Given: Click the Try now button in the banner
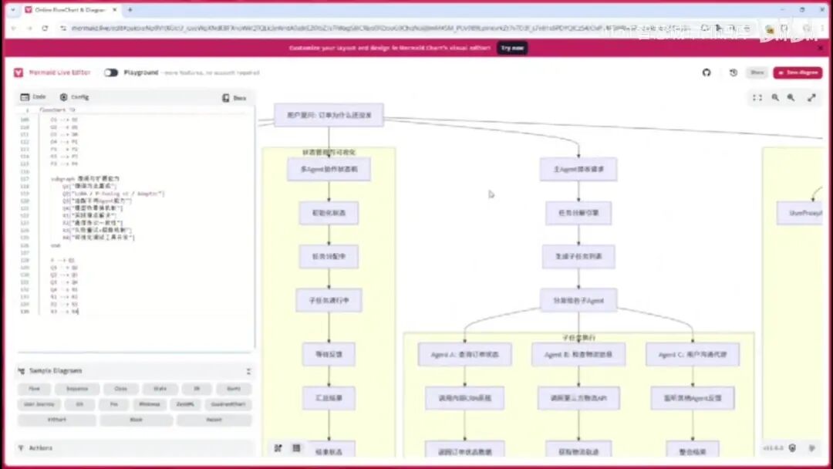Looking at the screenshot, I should coord(512,48).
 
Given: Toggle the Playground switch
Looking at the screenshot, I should coord(111,73).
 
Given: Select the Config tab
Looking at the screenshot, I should coord(75,97).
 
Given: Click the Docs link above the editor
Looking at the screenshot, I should coord(234,98).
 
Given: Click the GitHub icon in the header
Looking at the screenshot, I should coord(706,73).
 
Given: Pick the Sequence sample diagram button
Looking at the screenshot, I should coord(77,390).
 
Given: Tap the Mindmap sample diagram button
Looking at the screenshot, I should coord(150,404).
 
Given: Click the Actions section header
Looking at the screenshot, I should coord(41,448).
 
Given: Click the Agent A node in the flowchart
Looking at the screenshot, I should coord(464,355).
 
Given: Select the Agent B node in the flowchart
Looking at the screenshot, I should coord(578,355).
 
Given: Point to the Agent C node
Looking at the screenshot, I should coord(693,355).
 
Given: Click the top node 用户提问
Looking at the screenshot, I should coord(329,115).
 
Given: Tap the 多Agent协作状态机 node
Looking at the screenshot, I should coord(329,169).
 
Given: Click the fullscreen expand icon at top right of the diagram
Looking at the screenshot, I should coord(811,98).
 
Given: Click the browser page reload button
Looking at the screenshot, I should coord(44,28).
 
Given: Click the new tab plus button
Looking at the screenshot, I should coord(130,9).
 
